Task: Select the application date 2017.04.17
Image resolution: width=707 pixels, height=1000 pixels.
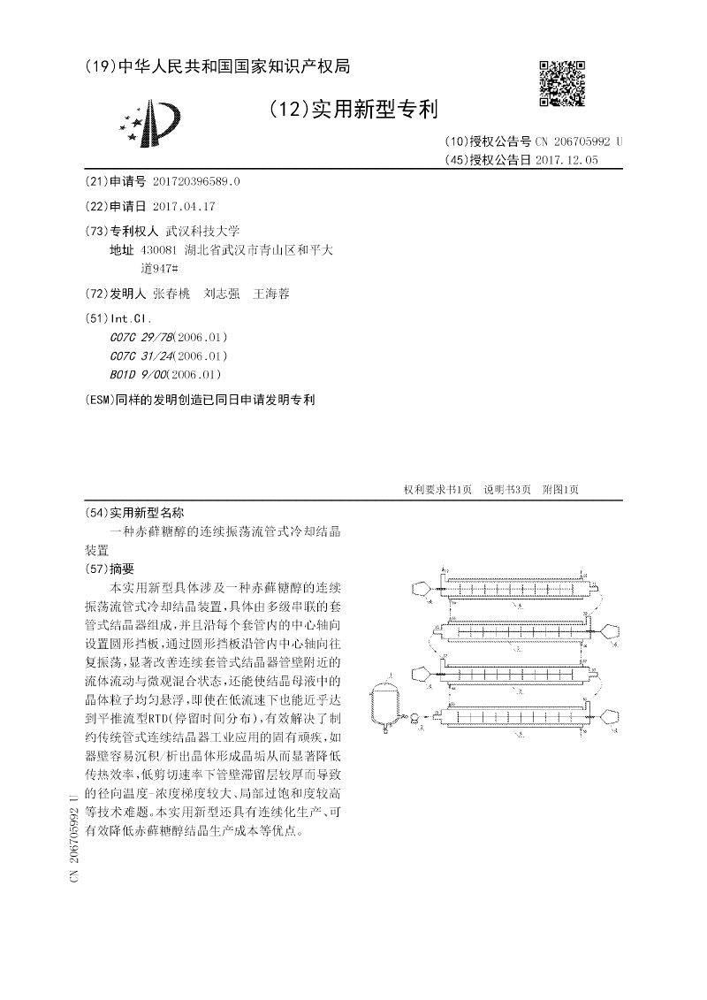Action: pos(184,205)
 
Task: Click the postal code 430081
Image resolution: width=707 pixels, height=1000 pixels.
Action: pos(157,250)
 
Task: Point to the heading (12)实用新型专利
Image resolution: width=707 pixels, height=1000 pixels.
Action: pos(352,110)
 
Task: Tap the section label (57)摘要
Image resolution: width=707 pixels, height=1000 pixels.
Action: pos(109,569)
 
